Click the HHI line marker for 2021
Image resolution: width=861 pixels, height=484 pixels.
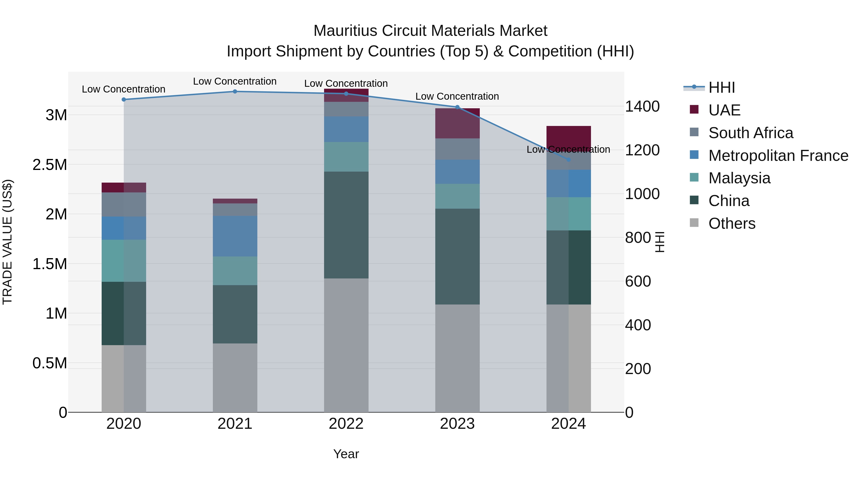coord(235,92)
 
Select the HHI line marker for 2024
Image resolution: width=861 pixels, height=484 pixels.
coord(568,160)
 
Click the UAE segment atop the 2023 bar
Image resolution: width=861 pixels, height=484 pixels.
coord(457,123)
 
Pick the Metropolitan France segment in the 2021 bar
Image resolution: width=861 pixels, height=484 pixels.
coord(235,236)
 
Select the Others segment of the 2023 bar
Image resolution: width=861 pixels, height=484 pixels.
coord(457,358)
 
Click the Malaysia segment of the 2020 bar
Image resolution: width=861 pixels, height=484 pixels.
coord(124,261)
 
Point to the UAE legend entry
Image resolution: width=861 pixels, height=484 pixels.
coord(724,110)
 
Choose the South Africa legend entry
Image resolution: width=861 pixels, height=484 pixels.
coord(750,133)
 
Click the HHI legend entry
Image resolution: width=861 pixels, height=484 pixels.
coord(721,87)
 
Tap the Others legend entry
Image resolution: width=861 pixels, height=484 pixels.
coord(732,223)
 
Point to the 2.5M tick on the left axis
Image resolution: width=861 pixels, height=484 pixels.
coord(50,165)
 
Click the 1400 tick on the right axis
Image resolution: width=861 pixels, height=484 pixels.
coord(642,107)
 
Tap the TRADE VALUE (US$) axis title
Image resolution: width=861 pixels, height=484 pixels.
coord(7,242)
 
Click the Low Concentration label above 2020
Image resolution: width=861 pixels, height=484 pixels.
coord(123,89)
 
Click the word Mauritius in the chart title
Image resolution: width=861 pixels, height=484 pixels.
coord(345,31)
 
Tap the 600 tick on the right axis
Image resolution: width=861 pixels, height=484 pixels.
coord(638,281)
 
